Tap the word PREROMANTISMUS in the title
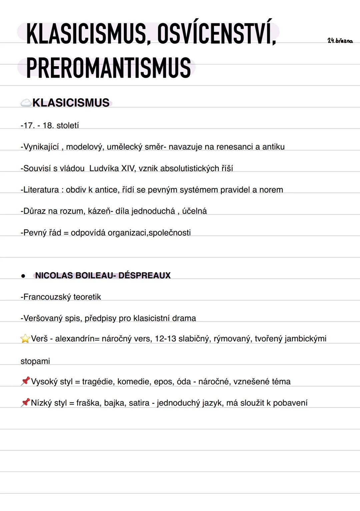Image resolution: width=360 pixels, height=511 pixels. pos(108,68)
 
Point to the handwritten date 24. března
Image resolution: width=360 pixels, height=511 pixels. pos(340,41)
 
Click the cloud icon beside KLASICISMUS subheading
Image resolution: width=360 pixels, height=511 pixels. pos(26,103)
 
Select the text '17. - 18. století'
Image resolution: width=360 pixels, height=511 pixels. pos(50,125)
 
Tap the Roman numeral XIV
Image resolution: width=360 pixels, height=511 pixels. pos(128,168)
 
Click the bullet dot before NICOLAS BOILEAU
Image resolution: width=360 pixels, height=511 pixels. pos(23,276)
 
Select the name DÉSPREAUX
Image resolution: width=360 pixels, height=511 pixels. pos(144,276)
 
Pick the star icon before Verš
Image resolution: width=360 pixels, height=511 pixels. pos(25,339)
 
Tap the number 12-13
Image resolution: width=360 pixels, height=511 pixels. pos(165,339)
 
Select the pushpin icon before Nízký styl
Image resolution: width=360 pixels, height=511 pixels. pos(25,403)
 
